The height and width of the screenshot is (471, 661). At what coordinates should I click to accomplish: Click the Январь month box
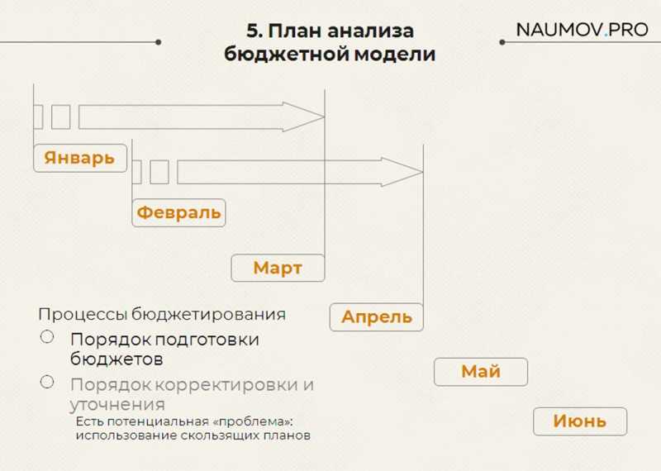tap(80, 158)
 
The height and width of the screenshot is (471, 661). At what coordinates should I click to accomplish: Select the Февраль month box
tap(178, 213)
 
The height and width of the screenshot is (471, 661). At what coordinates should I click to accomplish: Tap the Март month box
tap(278, 268)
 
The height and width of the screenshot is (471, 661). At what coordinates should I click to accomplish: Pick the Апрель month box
tap(377, 317)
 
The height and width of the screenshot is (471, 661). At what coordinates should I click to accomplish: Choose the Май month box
tap(481, 372)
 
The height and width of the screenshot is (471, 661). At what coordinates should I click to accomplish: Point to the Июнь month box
tap(580, 421)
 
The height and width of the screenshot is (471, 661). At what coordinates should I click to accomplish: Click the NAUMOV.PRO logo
tap(583, 30)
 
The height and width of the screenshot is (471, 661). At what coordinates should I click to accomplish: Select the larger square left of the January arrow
tap(60, 117)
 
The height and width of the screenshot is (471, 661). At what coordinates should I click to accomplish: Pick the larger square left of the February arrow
tap(159, 172)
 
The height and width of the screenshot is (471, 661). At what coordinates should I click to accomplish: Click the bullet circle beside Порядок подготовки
tap(47, 336)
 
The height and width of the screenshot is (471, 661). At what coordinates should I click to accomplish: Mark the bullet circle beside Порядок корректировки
tap(47, 382)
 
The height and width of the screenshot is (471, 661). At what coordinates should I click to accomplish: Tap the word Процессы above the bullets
tap(83, 315)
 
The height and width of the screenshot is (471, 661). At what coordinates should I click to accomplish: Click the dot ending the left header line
tap(158, 42)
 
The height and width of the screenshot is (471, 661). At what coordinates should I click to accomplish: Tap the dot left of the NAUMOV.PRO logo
tap(502, 42)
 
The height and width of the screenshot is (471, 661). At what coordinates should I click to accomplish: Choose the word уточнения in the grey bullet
tap(117, 405)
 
